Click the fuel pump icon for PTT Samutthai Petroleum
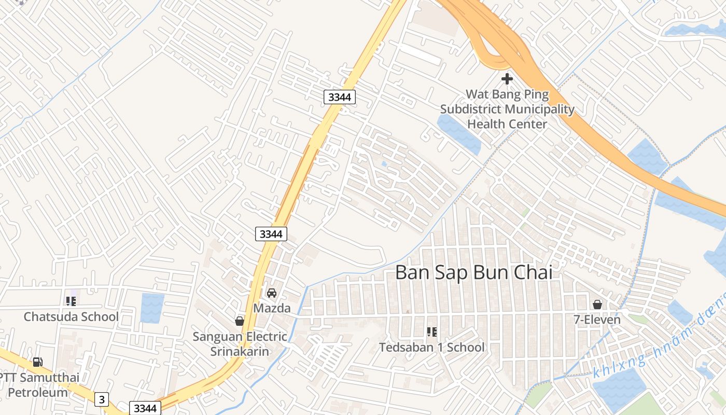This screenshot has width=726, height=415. pos(37,362)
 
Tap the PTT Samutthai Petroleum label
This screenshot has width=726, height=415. pos(38,384)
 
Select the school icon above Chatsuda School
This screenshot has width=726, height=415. pos(71,301)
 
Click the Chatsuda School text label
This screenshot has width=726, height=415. pos(71,316)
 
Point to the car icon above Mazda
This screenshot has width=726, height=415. pos(272,293)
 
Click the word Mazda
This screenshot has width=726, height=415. pos(272,308)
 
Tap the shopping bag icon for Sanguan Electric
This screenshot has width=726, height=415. pos(240,321)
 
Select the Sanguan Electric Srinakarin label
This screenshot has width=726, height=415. pos(240,344)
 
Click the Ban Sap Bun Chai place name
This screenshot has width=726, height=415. pos(474,272)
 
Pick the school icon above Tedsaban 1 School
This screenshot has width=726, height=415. pos(431,331)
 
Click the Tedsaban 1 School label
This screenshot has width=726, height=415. pos(431,347)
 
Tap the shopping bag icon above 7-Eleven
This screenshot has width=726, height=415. pos(597,305)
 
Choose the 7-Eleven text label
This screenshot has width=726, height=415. pos(597,320)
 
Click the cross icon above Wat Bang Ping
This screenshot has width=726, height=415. pos(507,79)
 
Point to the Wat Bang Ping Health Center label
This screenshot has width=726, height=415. pos(507,109)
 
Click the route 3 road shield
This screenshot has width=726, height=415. pos(102,399)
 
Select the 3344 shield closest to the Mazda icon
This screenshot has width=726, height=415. pos(271,234)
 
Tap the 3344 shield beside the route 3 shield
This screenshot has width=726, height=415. pos(145,408)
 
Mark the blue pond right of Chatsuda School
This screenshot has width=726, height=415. pos(152,308)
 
